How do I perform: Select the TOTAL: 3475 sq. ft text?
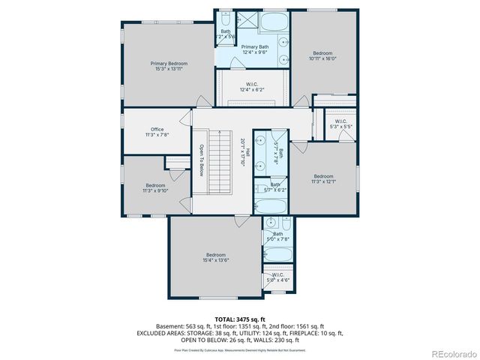tap(239, 319)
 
